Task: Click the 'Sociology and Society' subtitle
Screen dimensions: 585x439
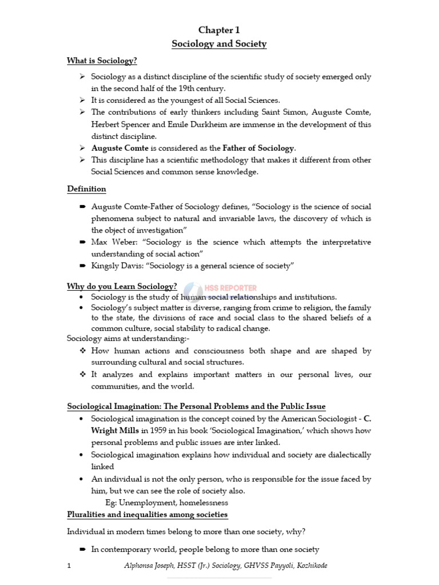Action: click(219, 44)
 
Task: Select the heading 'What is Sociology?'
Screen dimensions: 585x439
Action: click(102, 61)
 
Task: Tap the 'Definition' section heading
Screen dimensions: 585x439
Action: click(86, 189)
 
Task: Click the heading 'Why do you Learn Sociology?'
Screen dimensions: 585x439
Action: click(122, 286)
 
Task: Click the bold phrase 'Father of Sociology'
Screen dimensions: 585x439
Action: click(258, 148)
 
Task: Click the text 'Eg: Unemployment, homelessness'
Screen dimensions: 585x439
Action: click(167, 503)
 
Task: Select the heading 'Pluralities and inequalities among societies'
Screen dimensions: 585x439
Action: click(147, 515)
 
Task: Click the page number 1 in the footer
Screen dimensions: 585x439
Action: click(69, 566)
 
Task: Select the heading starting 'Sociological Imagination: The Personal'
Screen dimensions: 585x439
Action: click(196, 406)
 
